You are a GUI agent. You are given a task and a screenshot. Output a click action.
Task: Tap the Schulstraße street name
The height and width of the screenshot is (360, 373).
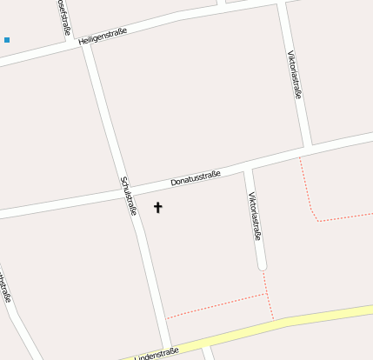click(x=129, y=196)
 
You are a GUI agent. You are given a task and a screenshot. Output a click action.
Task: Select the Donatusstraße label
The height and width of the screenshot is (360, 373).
click(x=196, y=178)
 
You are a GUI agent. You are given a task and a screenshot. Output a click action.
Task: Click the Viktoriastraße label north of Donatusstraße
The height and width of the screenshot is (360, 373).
click(x=294, y=74)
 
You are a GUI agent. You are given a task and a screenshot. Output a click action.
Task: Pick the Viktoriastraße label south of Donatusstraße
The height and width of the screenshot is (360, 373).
click(x=255, y=216)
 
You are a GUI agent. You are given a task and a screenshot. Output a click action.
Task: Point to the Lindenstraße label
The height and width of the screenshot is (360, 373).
click(x=157, y=353)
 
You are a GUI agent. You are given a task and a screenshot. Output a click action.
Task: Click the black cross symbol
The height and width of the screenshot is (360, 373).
click(x=157, y=207)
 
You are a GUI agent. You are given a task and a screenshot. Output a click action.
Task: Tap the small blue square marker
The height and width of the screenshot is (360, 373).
click(x=7, y=40)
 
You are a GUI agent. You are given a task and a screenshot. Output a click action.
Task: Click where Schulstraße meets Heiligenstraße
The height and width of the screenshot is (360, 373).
click(x=86, y=43)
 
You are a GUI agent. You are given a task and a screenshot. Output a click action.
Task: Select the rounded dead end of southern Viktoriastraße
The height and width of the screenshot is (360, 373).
click(x=262, y=264)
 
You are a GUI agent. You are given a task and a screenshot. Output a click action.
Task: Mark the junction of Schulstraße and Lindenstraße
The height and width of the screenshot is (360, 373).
click(x=169, y=344)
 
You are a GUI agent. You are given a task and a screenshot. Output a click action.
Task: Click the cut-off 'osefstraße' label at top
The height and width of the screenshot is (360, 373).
click(x=63, y=16)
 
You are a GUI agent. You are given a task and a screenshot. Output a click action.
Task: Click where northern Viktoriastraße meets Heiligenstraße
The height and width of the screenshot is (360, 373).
click(x=281, y=4)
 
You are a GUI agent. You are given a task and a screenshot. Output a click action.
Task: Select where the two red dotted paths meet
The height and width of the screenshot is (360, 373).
click(x=265, y=294)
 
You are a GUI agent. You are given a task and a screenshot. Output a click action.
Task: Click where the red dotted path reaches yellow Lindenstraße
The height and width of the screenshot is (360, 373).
click(x=273, y=319)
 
